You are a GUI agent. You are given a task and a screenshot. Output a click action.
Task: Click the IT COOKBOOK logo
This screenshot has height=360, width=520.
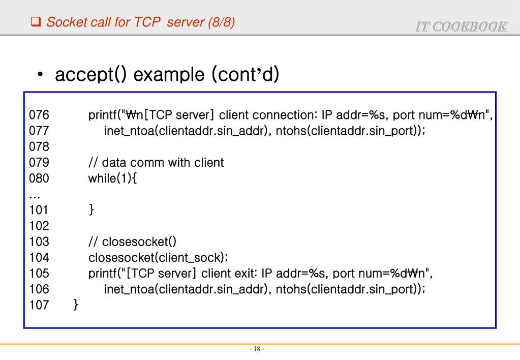(x=461, y=27)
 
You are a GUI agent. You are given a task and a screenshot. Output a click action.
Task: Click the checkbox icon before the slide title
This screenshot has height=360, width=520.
(x=36, y=22)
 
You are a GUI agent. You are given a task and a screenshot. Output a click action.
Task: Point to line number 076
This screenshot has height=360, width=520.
(x=39, y=115)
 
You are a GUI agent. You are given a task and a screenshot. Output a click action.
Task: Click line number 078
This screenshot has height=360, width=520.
(x=39, y=147)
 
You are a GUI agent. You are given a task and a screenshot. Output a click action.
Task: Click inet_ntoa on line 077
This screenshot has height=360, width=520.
(x=128, y=131)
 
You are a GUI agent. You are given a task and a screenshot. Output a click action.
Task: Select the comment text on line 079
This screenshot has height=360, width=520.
(x=156, y=163)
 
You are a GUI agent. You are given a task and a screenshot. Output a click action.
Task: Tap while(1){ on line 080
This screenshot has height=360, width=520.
(x=113, y=178)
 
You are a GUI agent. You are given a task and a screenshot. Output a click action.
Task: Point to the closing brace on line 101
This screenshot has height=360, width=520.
(x=91, y=209)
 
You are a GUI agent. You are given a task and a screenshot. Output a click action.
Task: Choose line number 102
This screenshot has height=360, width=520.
(x=39, y=225)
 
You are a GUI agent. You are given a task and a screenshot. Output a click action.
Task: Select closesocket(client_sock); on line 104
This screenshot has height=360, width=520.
(x=158, y=257)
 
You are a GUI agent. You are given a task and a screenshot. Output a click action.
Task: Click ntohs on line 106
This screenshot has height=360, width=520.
(x=291, y=289)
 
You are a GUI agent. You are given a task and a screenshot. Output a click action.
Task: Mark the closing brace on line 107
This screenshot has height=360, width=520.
(x=76, y=305)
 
